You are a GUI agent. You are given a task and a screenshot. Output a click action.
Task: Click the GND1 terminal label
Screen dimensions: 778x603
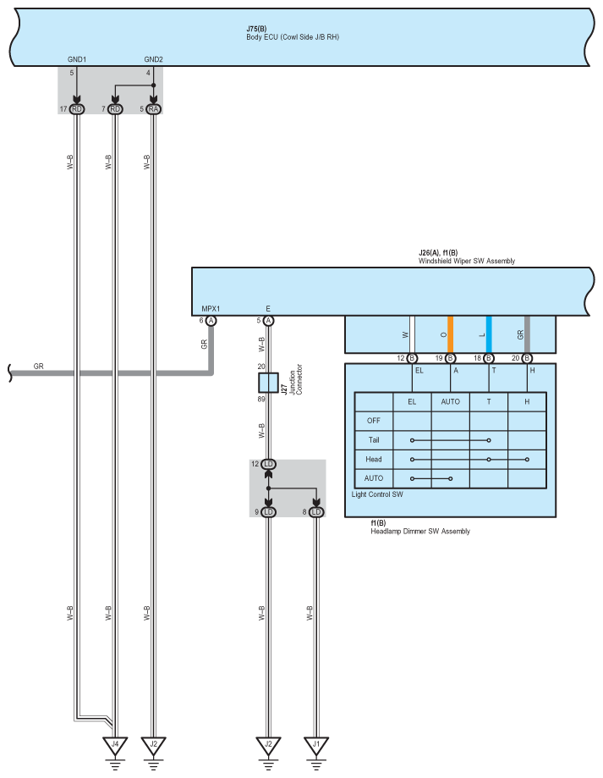coord(77,59)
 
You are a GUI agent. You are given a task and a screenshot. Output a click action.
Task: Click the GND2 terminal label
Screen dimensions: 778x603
coord(153,59)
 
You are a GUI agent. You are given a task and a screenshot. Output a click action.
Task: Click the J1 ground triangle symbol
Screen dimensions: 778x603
coord(315,746)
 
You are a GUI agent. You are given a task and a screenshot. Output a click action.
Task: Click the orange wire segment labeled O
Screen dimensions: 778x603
coord(451,334)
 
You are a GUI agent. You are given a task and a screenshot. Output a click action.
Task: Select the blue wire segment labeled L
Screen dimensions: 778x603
coord(489,334)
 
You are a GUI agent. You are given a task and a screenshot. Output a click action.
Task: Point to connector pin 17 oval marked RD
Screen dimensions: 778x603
coord(77,109)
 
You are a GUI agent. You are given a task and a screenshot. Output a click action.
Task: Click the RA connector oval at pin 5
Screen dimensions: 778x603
coord(153,109)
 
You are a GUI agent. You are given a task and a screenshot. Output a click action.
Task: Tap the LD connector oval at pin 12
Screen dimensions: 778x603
coord(268,464)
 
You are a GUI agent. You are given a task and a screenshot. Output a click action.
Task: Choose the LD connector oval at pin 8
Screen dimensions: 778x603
coord(315,511)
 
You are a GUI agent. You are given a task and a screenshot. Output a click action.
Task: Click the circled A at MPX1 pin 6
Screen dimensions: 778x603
coord(211,321)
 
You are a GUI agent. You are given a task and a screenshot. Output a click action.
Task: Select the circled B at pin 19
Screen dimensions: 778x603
coord(451,359)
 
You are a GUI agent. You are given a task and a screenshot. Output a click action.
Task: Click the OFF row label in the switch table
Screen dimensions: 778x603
coord(374,420)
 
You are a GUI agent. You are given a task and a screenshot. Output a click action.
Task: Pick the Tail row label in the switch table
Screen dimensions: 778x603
coord(374,439)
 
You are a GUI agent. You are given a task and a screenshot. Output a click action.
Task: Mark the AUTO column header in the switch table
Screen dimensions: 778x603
coord(451,400)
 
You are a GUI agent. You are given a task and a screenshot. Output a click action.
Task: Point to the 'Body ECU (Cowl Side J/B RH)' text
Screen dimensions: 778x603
coord(293,37)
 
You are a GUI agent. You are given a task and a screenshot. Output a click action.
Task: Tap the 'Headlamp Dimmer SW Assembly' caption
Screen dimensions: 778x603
coord(420,532)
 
